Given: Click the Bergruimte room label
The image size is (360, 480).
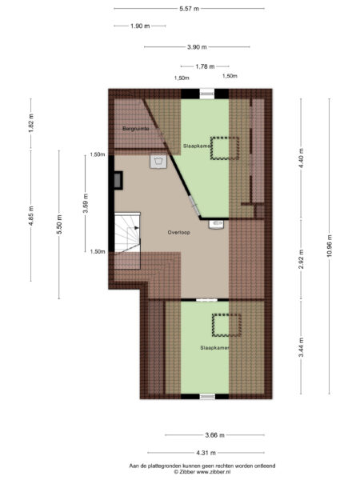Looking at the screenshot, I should coord(134,128).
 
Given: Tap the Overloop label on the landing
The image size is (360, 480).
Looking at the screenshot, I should coord(178,232).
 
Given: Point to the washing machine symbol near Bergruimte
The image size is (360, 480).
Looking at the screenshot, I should coord(159,162).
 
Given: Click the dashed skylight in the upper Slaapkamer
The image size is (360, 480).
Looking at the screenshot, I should coord(224,149).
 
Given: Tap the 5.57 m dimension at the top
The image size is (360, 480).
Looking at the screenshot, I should coord(190,8).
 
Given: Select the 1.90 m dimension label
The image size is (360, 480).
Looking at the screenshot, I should coord(141,26).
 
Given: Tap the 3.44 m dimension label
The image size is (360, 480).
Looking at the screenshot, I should coord(302,348).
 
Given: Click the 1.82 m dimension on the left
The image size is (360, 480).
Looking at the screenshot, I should coord(31,130).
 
